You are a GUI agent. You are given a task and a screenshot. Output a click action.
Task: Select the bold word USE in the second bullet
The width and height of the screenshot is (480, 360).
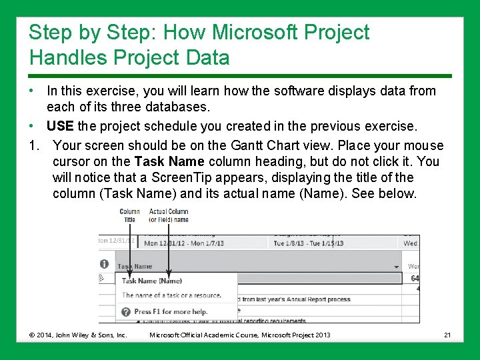point(60,126)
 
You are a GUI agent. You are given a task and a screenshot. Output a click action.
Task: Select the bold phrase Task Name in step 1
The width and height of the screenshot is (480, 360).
point(169,161)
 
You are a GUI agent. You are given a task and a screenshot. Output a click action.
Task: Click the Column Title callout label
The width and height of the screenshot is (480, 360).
point(129,215)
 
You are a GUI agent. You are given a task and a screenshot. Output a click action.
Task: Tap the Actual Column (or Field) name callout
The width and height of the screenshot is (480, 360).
point(169,215)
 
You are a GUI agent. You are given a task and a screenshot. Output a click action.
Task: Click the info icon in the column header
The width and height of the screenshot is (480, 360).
point(104,264)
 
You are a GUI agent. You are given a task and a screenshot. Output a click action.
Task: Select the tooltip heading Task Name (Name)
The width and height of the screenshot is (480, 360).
point(151,281)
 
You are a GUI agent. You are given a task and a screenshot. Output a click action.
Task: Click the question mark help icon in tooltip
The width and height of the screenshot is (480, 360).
point(125,311)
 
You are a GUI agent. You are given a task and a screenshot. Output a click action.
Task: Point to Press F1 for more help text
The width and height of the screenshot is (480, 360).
point(171,311)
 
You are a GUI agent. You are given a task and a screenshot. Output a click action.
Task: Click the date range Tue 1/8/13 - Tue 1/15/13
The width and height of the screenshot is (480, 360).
point(308,243)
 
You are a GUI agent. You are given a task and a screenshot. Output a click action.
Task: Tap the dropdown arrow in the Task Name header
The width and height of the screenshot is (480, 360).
point(397,266)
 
